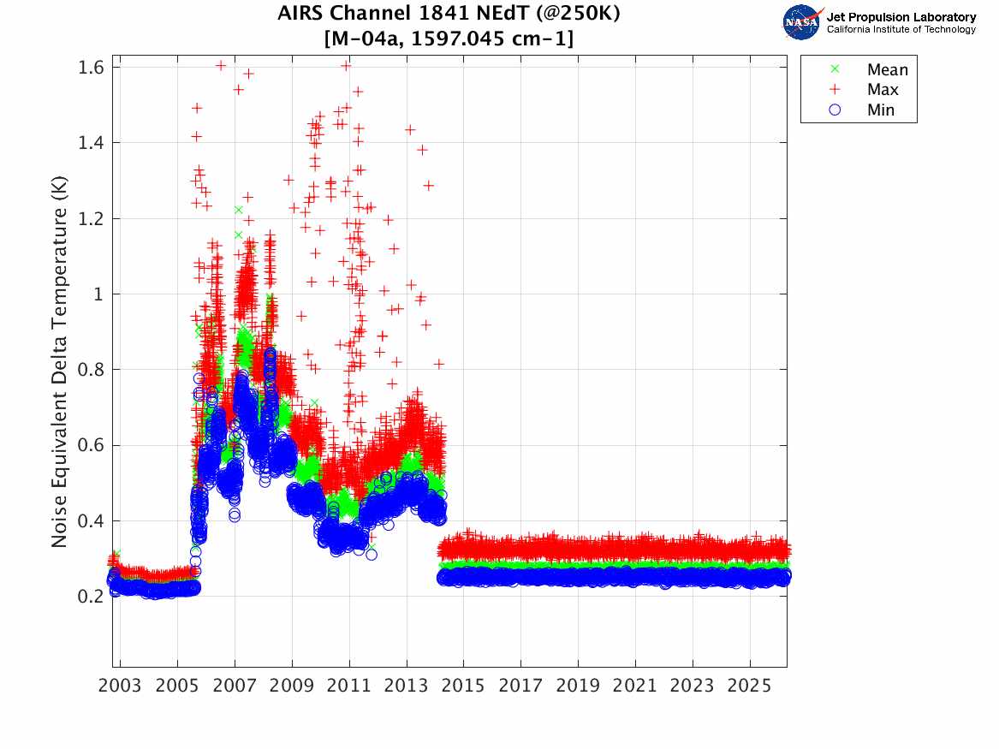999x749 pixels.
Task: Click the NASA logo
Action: tap(803, 21)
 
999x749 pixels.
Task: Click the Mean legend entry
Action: tap(887, 70)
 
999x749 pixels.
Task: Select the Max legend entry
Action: tap(883, 90)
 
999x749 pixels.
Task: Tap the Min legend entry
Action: tap(881, 110)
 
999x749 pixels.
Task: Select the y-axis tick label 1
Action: tap(98, 294)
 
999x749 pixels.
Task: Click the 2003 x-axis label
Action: tap(121, 686)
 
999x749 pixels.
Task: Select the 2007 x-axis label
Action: tap(235, 686)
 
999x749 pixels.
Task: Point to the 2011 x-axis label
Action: tap(349, 686)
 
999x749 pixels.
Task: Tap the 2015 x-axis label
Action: tap(464, 686)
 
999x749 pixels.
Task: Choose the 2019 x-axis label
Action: tap(578, 686)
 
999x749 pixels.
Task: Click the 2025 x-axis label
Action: tap(750, 686)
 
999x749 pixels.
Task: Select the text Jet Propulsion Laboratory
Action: tap(901, 16)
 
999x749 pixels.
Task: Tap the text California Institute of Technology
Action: tap(901, 29)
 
